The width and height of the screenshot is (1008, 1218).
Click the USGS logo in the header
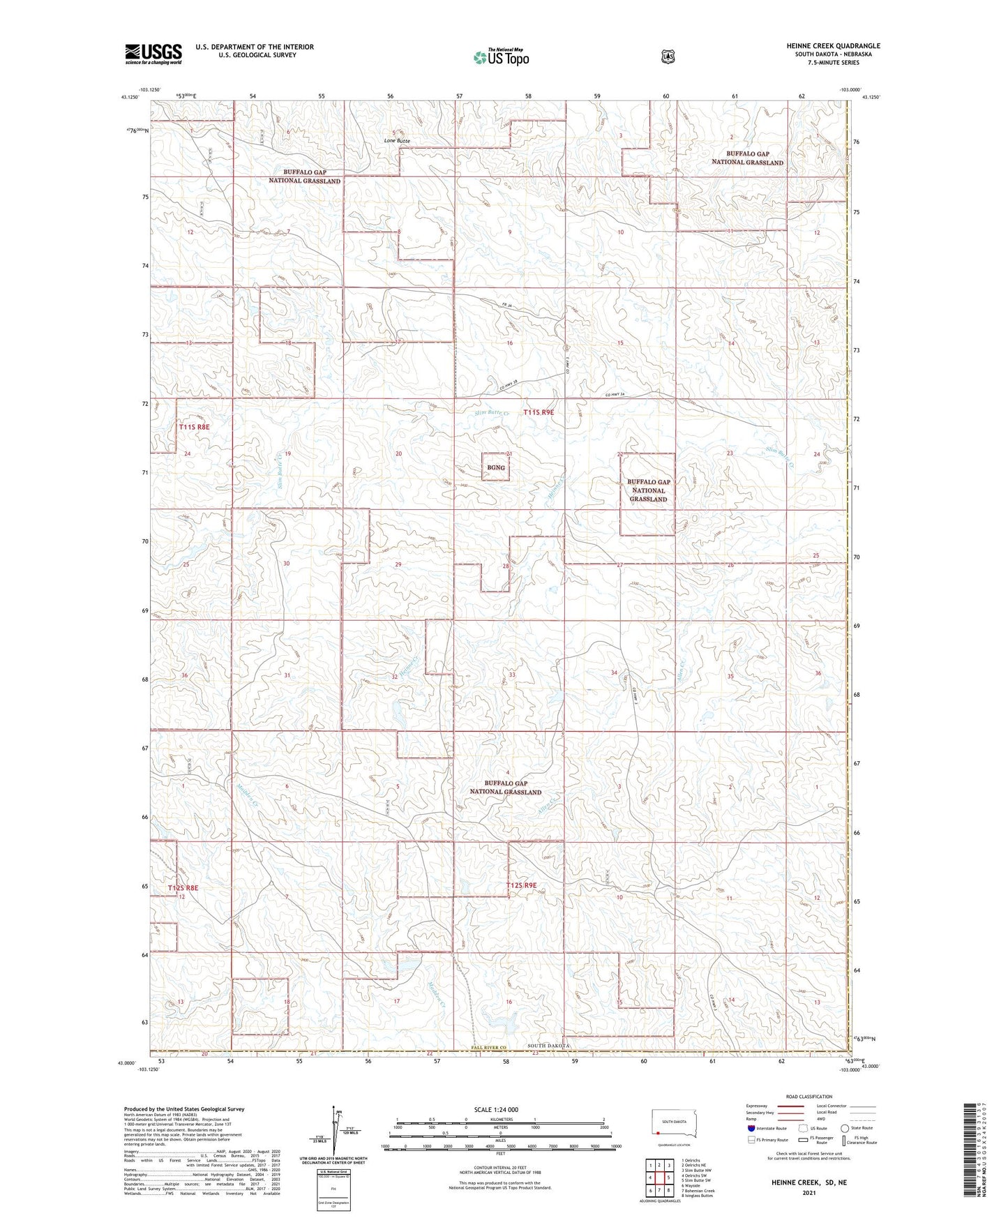point(153,54)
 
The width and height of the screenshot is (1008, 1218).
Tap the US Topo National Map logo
point(500,57)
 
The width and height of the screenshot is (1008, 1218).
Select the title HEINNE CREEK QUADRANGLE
point(823,46)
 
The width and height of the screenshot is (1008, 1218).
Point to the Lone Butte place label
point(397,141)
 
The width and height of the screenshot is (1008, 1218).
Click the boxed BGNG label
point(496,467)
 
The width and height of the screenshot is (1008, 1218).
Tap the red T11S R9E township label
point(539,413)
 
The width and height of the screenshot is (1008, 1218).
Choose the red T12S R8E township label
point(183,888)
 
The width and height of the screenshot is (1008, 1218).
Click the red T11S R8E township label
point(194,427)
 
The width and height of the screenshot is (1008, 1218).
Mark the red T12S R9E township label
point(521,885)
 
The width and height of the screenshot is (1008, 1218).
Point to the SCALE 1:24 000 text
point(496,1110)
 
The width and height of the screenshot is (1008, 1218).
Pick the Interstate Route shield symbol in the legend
point(751,1128)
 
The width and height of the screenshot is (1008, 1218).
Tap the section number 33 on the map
point(512,675)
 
